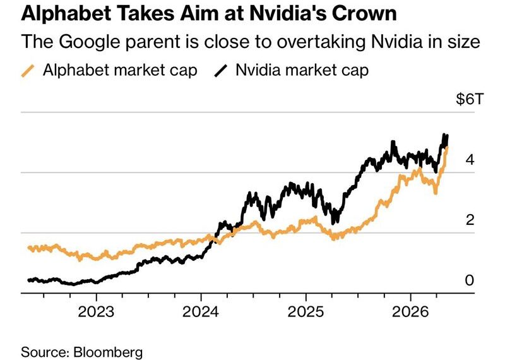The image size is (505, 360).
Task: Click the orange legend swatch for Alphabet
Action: click(28, 71)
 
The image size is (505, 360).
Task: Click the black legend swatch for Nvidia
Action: click(220, 71)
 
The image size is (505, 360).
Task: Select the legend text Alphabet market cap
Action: click(120, 70)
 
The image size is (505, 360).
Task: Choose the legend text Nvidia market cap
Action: click(302, 70)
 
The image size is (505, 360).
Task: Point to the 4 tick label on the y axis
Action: click(470, 159)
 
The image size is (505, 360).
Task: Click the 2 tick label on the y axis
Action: click(470, 220)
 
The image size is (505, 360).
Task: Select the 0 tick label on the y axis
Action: click(470, 280)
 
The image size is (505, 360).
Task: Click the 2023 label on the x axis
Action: click(96, 311)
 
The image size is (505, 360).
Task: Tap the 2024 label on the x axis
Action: click(201, 311)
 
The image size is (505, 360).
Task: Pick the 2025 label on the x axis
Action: click(306, 311)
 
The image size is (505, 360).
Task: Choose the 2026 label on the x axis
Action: click(411, 311)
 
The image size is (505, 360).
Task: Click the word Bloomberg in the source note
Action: click(108, 352)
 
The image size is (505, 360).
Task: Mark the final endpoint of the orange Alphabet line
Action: click(447, 148)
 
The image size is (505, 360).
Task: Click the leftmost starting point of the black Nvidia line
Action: click(29, 280)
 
